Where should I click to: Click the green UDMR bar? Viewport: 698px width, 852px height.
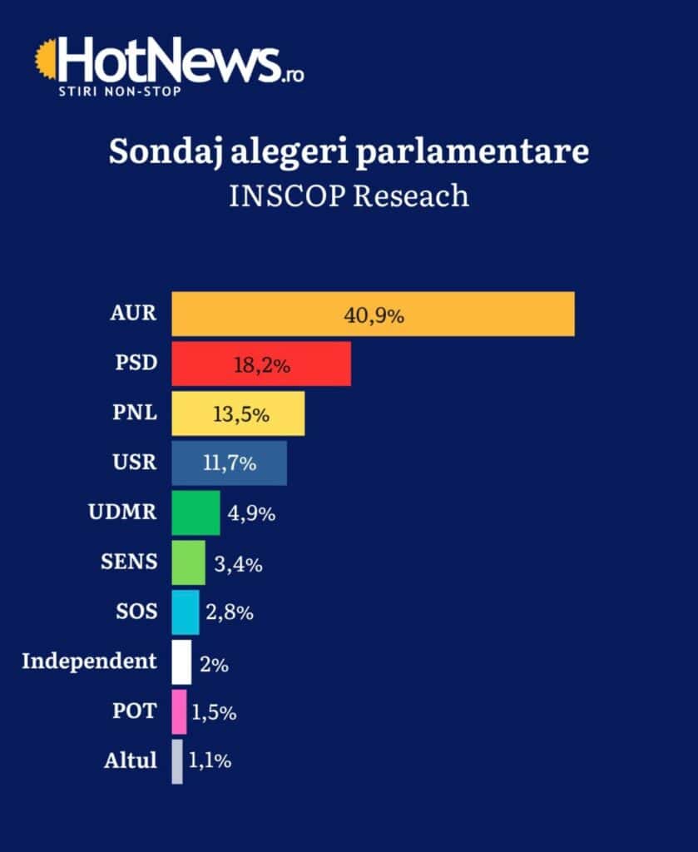pos(196,513)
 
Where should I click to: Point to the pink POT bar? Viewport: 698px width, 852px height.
pos(179,712)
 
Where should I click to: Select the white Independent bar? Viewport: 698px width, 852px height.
pos(181,662)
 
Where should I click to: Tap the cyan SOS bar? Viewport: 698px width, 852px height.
pos(186,612)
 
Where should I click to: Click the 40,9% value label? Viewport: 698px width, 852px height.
pos(374,315)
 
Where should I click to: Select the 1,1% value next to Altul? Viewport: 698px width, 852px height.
pos(210,761)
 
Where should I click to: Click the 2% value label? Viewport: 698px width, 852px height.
pos(214,665)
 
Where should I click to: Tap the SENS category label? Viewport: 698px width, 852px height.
pos(128,562)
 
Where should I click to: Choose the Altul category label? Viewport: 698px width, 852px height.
pos(131,760)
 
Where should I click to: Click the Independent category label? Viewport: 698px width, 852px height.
pos(89,661)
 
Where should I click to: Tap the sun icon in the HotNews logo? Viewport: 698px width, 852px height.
pos(47,61)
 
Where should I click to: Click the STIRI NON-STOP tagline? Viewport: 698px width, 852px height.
pos(118,89)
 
